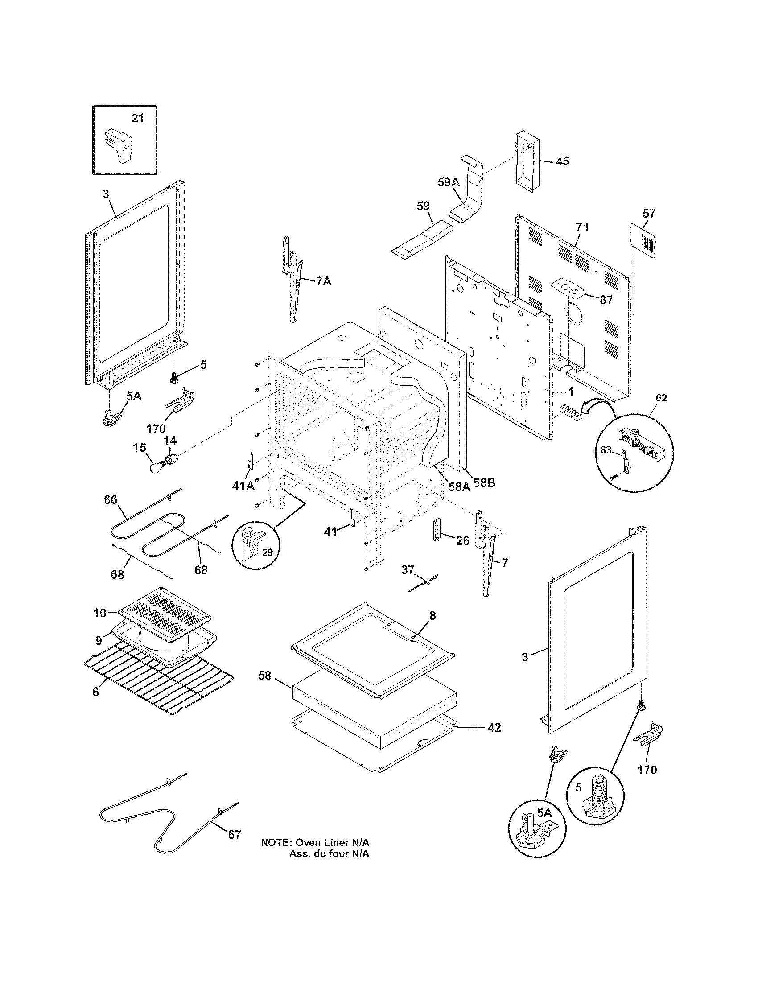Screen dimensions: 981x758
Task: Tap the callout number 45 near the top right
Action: (562, 161)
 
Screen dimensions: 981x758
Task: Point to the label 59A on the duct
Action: (449, 182)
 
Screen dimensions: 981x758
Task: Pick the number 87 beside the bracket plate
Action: (606, 300)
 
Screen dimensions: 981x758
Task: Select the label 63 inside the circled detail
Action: (606, 449)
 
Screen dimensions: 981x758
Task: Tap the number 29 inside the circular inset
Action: (267, 552)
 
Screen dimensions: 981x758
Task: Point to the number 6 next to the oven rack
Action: (96, 692)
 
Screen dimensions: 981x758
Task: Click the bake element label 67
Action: (234, 835)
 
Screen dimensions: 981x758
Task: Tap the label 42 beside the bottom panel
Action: (494, 727)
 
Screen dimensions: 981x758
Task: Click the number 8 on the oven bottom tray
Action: (432, 616)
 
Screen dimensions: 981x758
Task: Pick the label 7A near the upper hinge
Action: (324, 282)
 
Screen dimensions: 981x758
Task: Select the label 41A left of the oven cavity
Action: (243, 485)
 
